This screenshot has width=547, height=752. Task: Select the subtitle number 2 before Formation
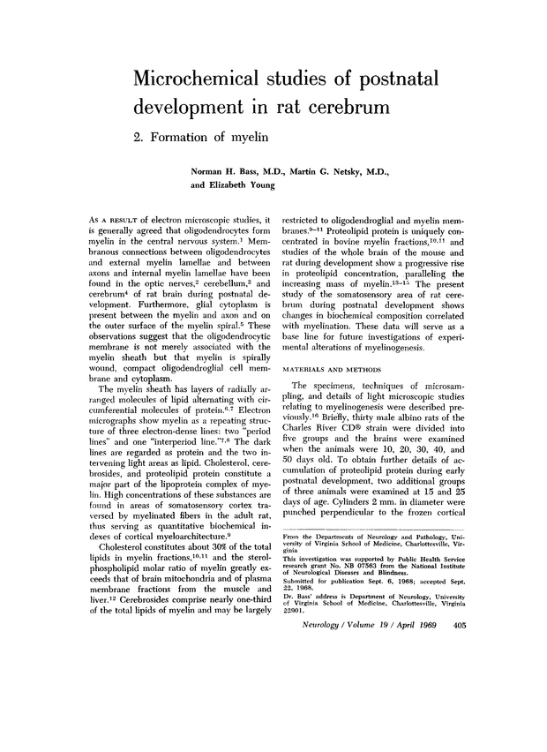[x=138, y=139]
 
